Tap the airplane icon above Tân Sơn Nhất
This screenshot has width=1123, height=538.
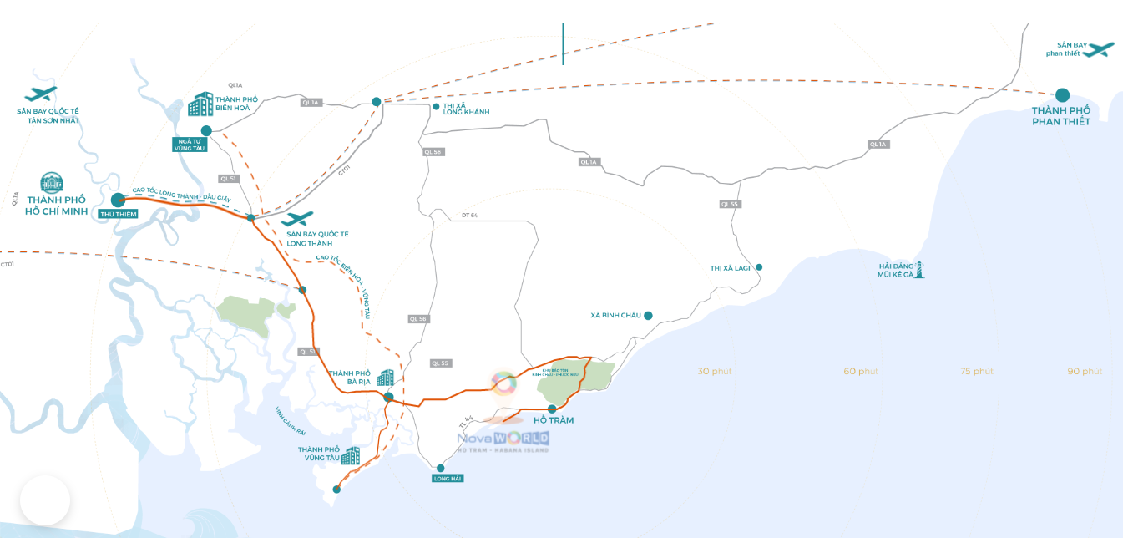41,94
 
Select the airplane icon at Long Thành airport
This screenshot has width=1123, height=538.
297,219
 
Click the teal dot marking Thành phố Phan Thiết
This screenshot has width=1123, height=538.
1062,95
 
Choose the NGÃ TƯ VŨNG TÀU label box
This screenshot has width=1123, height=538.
191,144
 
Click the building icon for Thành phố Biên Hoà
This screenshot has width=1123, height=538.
200,104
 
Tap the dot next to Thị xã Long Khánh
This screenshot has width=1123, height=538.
436,107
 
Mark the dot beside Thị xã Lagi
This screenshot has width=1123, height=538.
759,267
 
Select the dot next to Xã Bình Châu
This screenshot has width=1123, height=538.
648,316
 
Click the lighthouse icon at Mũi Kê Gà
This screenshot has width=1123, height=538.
920,269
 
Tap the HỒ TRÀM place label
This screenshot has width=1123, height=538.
554,420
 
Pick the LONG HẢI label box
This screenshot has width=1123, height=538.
448,479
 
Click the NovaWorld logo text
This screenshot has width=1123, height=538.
503,439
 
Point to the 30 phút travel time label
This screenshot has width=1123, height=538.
714,371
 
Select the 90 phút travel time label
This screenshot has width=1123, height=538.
1084,371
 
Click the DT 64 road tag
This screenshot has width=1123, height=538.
468,216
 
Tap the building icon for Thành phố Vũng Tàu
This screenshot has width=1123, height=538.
351,455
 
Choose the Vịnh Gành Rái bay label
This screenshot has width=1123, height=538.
291,421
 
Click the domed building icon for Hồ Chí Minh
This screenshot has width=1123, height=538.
52,183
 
